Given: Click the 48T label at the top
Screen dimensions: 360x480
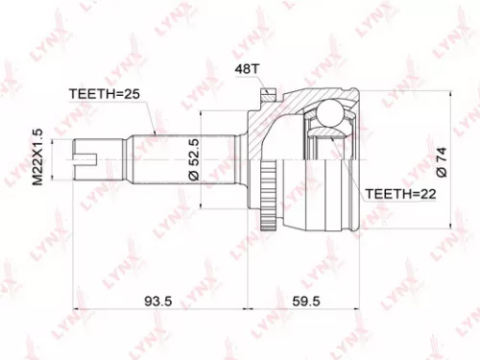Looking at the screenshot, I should pyautogui.click(x=247, y=69).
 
